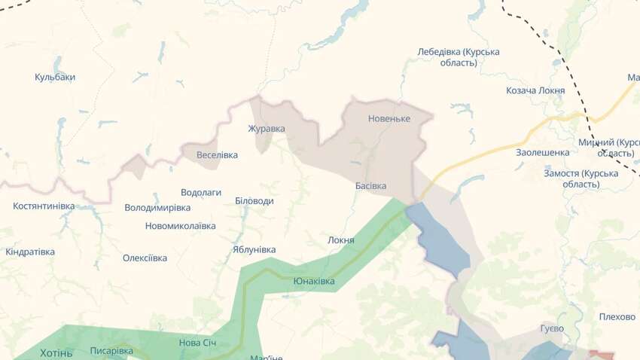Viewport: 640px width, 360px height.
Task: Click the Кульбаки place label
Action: coord(55,77)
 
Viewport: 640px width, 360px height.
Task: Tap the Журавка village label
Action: coord(267,128)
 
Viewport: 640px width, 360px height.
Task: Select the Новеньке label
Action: coord(389,119)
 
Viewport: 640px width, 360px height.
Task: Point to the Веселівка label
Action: coord(217,155)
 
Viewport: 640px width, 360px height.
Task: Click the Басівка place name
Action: coord(370,185)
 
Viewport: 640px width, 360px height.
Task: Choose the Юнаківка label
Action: coord(314,281)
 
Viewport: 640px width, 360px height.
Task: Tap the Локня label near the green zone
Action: coord(341,240)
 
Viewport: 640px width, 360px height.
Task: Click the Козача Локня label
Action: coord(535,90)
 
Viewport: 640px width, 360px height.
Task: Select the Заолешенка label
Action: coord(542,152)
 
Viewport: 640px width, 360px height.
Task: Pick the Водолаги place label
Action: coord(201,192)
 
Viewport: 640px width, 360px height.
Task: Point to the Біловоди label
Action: coord(254,201)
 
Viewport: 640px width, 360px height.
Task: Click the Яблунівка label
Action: coord(254,249)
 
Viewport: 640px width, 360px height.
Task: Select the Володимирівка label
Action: coord(157,207)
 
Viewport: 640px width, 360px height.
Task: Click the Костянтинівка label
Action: coord(44,206)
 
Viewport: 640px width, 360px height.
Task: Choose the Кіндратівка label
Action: coord(30,252)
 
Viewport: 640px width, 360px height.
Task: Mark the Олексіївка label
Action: coord(145,258)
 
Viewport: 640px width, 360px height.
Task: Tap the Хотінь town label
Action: coord(56,352)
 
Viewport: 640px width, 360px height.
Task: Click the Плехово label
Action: coord(617,316)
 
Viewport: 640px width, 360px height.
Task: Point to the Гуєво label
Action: coord(552,328)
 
